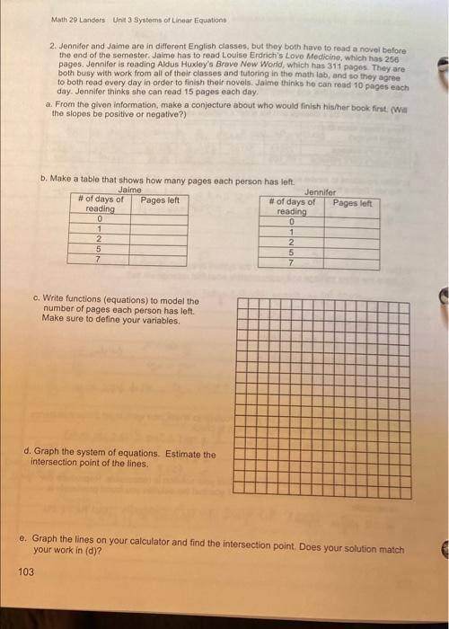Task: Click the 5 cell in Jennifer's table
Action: (290, 253)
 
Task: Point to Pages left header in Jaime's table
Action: (160, 199)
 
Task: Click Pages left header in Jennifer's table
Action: (351, 203)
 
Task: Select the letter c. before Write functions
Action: (34, 300)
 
